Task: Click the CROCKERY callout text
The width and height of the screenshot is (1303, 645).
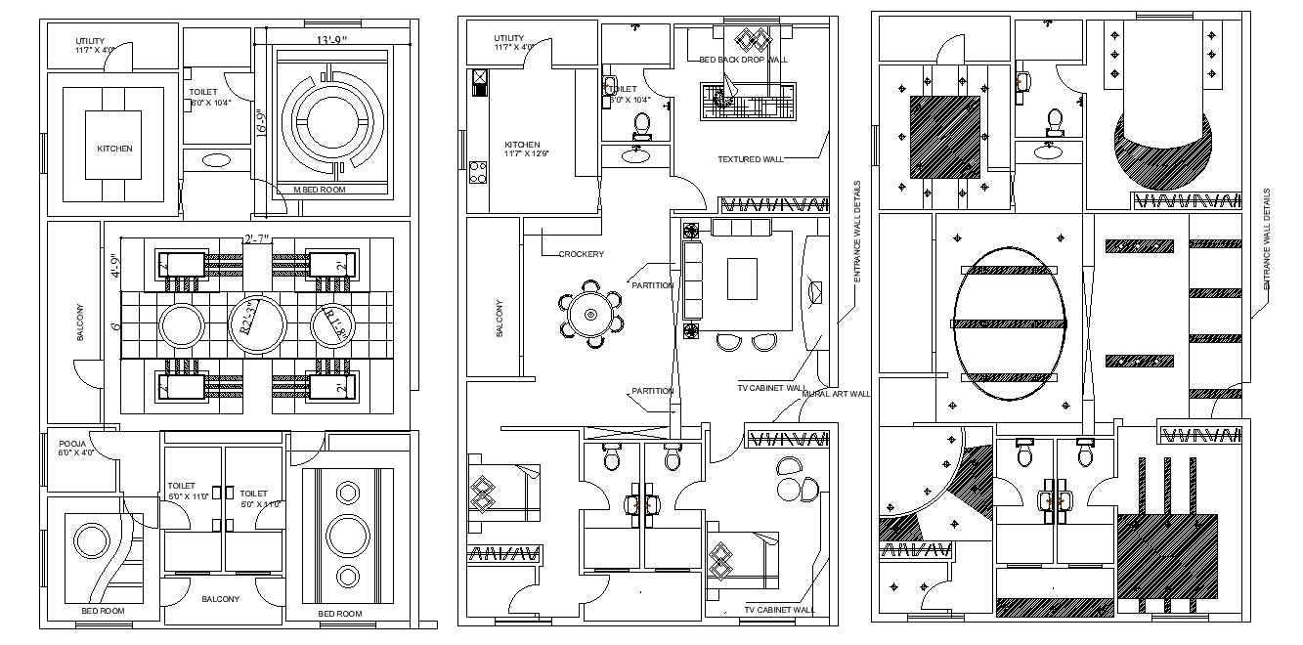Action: (x=581, y=254)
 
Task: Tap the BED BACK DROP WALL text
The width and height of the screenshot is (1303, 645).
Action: (x=744, y=60)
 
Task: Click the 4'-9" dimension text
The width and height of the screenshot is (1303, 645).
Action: (x=114, y=266)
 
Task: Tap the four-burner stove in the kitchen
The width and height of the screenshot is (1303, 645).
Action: (x=479, y=173)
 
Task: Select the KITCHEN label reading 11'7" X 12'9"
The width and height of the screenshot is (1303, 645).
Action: (x=522, y=149)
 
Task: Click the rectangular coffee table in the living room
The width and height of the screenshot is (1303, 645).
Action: (x=742, y=279)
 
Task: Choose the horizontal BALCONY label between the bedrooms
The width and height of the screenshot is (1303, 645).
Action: (x=221, y=599)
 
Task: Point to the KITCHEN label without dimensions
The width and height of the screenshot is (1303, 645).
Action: (x=114, y=149)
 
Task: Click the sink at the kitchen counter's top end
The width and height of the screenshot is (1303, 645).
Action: (x=480, y=82)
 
